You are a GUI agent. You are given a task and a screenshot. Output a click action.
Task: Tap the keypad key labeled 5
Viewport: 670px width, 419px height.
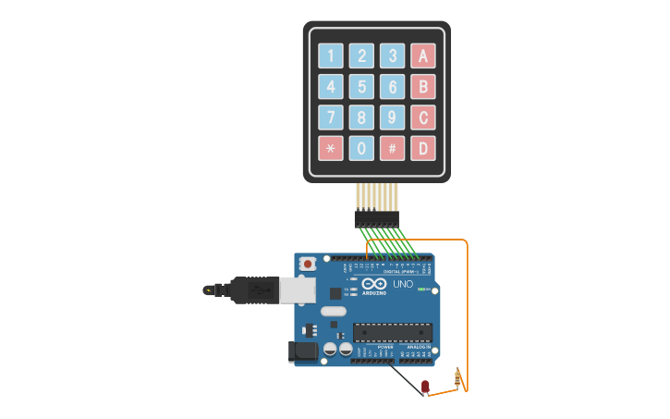[x=361, y=87]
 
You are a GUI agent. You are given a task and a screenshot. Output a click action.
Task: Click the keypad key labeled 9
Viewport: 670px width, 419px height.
[x=393, y=117]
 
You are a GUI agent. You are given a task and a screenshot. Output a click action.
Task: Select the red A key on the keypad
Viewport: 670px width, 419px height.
[x=423, y=55]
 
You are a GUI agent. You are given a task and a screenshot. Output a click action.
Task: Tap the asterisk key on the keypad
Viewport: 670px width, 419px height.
[x=331, y=148]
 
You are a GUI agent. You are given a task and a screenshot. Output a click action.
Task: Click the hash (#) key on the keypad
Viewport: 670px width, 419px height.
[x=393, y=148]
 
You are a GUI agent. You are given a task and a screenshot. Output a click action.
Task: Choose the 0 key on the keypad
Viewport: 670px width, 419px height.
[x=361, y=148]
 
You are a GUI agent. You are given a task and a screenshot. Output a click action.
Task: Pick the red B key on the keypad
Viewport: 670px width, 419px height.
[x=423, y=87]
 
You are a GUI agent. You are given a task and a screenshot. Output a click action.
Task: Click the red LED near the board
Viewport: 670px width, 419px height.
[x=425, y=386]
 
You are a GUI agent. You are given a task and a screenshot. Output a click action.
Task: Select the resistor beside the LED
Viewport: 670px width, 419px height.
[x=458, y=377]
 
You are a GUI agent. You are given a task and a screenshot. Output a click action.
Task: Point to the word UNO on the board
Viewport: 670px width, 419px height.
[x=403, y=284]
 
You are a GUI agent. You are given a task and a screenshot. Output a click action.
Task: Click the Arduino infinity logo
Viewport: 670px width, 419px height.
[x=374, y=284]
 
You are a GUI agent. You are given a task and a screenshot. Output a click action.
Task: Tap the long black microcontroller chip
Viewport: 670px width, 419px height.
[x=392, y=332]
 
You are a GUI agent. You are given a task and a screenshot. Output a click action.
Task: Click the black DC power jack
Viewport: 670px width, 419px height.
[x=303, y=351]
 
